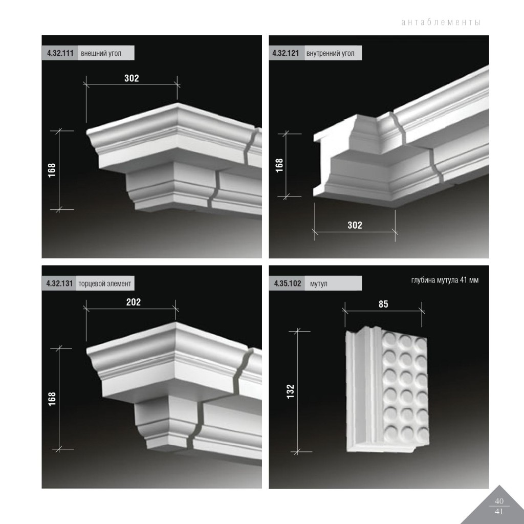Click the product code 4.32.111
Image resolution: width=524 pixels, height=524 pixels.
click(x=60, y=53)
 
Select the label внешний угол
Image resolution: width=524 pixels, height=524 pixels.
click(x=101, y=53)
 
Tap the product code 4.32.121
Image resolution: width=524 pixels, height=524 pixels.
click(x=286, y=53)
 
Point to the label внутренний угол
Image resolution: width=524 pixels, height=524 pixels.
click(x=330, y=53)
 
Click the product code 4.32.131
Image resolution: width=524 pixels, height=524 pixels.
click(x=59, y=283)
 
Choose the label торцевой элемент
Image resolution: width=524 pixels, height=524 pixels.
click(x=104, y=284)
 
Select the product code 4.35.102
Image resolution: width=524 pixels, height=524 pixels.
click(x=288, y=283)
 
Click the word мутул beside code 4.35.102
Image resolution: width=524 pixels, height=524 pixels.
click(x=318, y=284)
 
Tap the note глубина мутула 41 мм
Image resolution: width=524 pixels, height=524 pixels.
click(x=445, y=280)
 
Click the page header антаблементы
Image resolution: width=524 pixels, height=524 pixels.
click(x=441, y=23)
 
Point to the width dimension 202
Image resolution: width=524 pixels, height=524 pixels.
click(x=134, y=302)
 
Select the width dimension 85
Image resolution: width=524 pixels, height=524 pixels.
click(x=383, y=304)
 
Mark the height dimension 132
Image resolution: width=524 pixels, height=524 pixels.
click(x=291, y=391)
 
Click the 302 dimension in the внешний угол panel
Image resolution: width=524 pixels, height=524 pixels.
click(x=132, y=78)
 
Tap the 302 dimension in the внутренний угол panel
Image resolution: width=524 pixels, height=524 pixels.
click(x=355, y=225)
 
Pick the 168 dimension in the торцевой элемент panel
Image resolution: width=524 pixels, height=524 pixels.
click(x=52, y=399)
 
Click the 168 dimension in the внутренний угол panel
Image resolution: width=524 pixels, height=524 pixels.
click(x=279, y=165)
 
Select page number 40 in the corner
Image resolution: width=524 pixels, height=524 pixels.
click(x=499, y=501)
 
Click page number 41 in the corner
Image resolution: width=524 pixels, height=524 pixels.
click(x=499, y=512)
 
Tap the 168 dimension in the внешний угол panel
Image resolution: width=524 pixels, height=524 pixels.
click(x=52, y=170)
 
